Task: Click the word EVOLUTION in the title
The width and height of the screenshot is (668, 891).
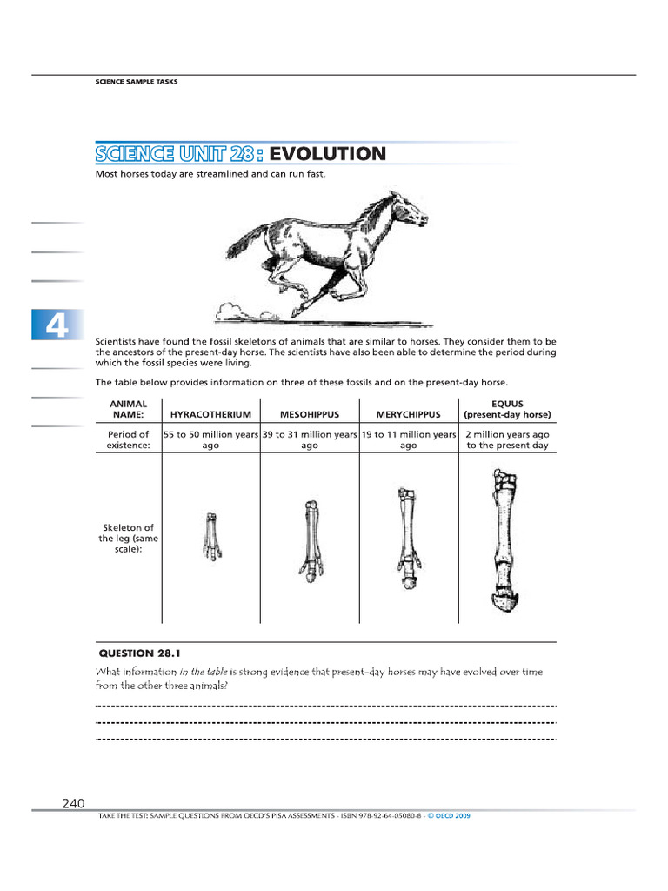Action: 327,154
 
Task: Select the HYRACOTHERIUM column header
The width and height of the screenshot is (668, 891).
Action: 210,414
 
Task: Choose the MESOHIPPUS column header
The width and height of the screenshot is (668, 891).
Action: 309,414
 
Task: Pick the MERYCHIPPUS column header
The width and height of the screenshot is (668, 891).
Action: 408,414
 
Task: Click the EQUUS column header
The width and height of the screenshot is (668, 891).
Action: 507,409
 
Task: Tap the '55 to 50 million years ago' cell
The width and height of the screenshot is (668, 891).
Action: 210,439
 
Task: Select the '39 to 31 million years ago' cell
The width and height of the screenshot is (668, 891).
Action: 309,439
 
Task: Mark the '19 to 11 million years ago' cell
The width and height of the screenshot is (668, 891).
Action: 408,439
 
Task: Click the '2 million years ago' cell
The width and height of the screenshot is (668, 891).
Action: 507,439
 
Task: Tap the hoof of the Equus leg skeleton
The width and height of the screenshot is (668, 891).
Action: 503,601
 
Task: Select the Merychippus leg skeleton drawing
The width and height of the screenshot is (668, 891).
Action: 407,538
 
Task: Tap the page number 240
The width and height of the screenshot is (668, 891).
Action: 73,803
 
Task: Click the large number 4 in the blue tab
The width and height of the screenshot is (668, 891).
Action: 56,327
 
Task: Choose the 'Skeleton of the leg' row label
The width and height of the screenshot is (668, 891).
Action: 128,539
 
